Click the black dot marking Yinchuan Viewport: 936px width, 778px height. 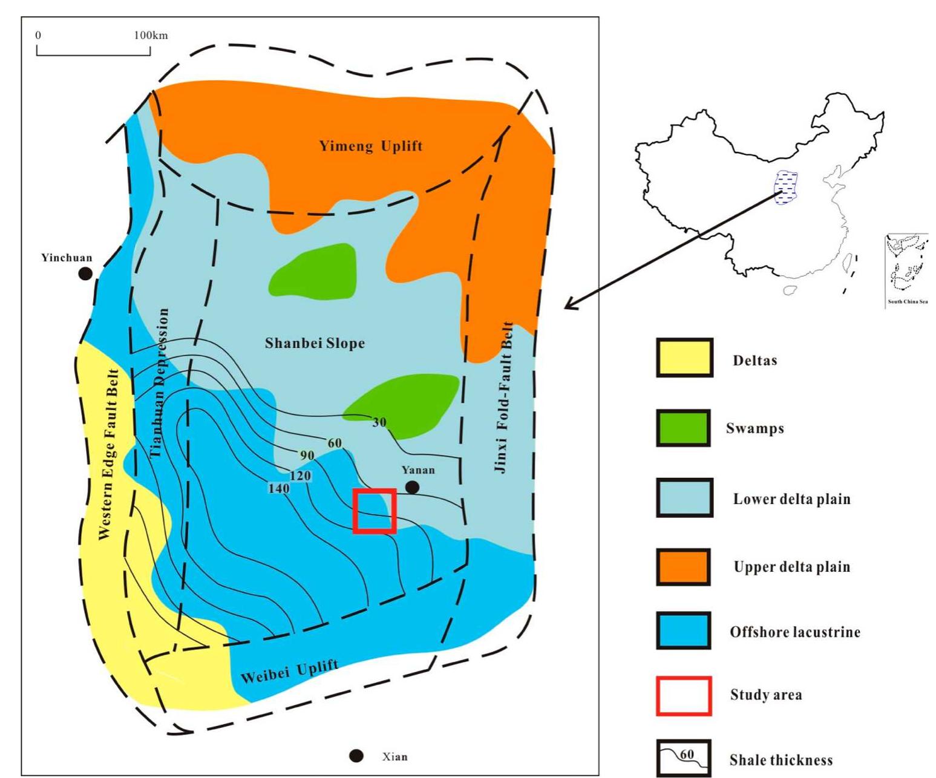point(86,273)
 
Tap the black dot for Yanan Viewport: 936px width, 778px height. point(413,487)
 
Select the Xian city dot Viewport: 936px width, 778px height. point(357,756)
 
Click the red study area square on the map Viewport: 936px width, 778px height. point(375,511)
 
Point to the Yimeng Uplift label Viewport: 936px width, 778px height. point(371,146)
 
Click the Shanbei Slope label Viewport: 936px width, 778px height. point(315,343)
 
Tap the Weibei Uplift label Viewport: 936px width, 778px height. point(289,672)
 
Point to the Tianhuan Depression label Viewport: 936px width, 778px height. point(159,382)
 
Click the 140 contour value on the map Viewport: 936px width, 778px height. point(278,488)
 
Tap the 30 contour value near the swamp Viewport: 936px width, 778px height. point(379,422)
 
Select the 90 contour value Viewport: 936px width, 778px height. point(307,455)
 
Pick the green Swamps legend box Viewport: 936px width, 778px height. point(684,428)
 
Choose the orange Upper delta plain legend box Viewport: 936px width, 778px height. point(684,567)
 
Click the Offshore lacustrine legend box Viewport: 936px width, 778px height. point(684,631)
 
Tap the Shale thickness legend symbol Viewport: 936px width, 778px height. point(684,757)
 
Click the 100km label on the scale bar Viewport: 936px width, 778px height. point(151,35)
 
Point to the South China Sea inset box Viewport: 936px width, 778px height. point(906,270)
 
